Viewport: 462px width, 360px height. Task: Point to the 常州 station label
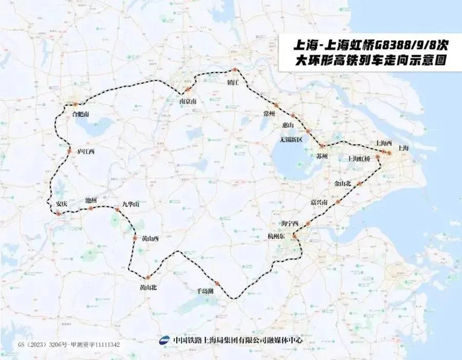tap(269, 114)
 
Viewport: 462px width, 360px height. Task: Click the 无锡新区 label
tap(290, 139)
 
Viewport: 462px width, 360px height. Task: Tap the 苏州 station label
tap(321, 157)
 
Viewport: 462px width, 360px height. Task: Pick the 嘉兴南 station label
tap(321, 201)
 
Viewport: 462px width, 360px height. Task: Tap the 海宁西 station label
tap(290, 223)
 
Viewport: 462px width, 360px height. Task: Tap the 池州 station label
tap(91, 199)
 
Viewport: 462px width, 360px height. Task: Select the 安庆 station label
tap(61, 203)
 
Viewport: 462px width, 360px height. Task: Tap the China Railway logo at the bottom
tap(164, 340)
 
